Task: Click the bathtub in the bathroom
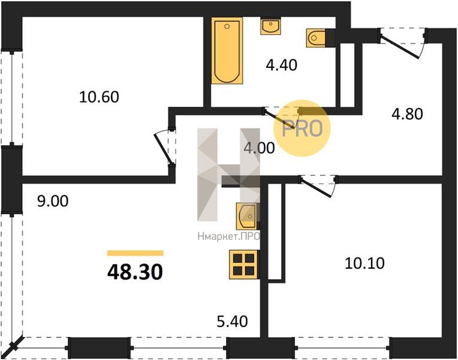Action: click(x=227, y=50)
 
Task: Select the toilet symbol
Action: click(x=316, y=38)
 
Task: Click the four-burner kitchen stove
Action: click(x=243, y=265)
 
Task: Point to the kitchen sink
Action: click(x=247, y=216)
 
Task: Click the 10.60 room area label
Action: click(x=99, y=97)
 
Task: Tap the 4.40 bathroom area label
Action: click(x=282, y=65)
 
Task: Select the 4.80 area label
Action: click(x=407, y=114)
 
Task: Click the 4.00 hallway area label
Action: click(x=259, y=148)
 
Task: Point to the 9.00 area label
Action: click(x=53, y=201)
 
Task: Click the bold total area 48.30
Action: click(x=135, y=272)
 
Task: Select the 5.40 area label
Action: click(x=232, y=322)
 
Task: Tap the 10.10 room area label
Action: click(x=364, y=263)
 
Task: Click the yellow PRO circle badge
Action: click(x=302, y=128)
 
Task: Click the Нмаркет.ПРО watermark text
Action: click(x=228, y=236)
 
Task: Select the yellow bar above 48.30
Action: click(x=135, y=253)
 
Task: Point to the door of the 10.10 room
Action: click(x=317, y=187)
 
